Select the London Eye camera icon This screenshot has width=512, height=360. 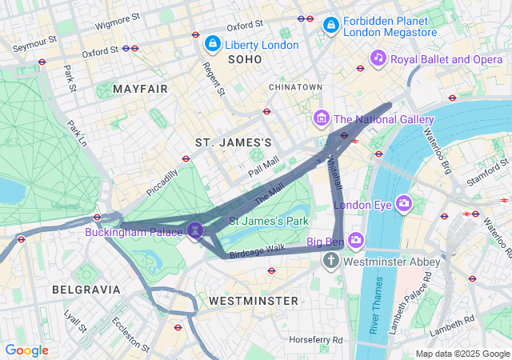tap(403, 203)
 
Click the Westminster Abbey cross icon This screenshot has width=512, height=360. tap(331, 261)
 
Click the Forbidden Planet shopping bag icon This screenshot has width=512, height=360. tap(330, 26)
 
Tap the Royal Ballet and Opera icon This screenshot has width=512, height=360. tap(378, 58)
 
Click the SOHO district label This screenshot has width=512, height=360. tap(245, 60)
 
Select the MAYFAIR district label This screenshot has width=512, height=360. tap(141, 88)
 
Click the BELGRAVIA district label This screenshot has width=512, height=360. tap(86, 289)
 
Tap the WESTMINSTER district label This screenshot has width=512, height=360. tap(253, 301)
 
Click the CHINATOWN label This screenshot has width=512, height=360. tap(295, 86)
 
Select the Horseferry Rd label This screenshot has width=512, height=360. tap(316, 340)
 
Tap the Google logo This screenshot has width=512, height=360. tap(26, 350)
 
